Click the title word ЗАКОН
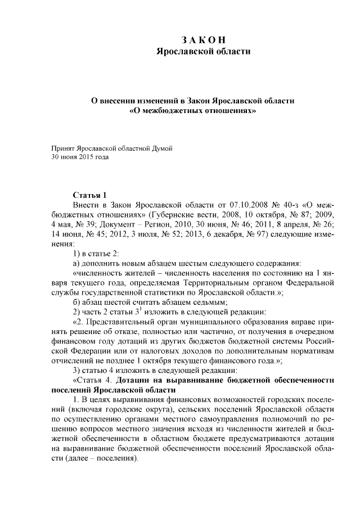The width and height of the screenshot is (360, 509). click(x=204, y=40)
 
